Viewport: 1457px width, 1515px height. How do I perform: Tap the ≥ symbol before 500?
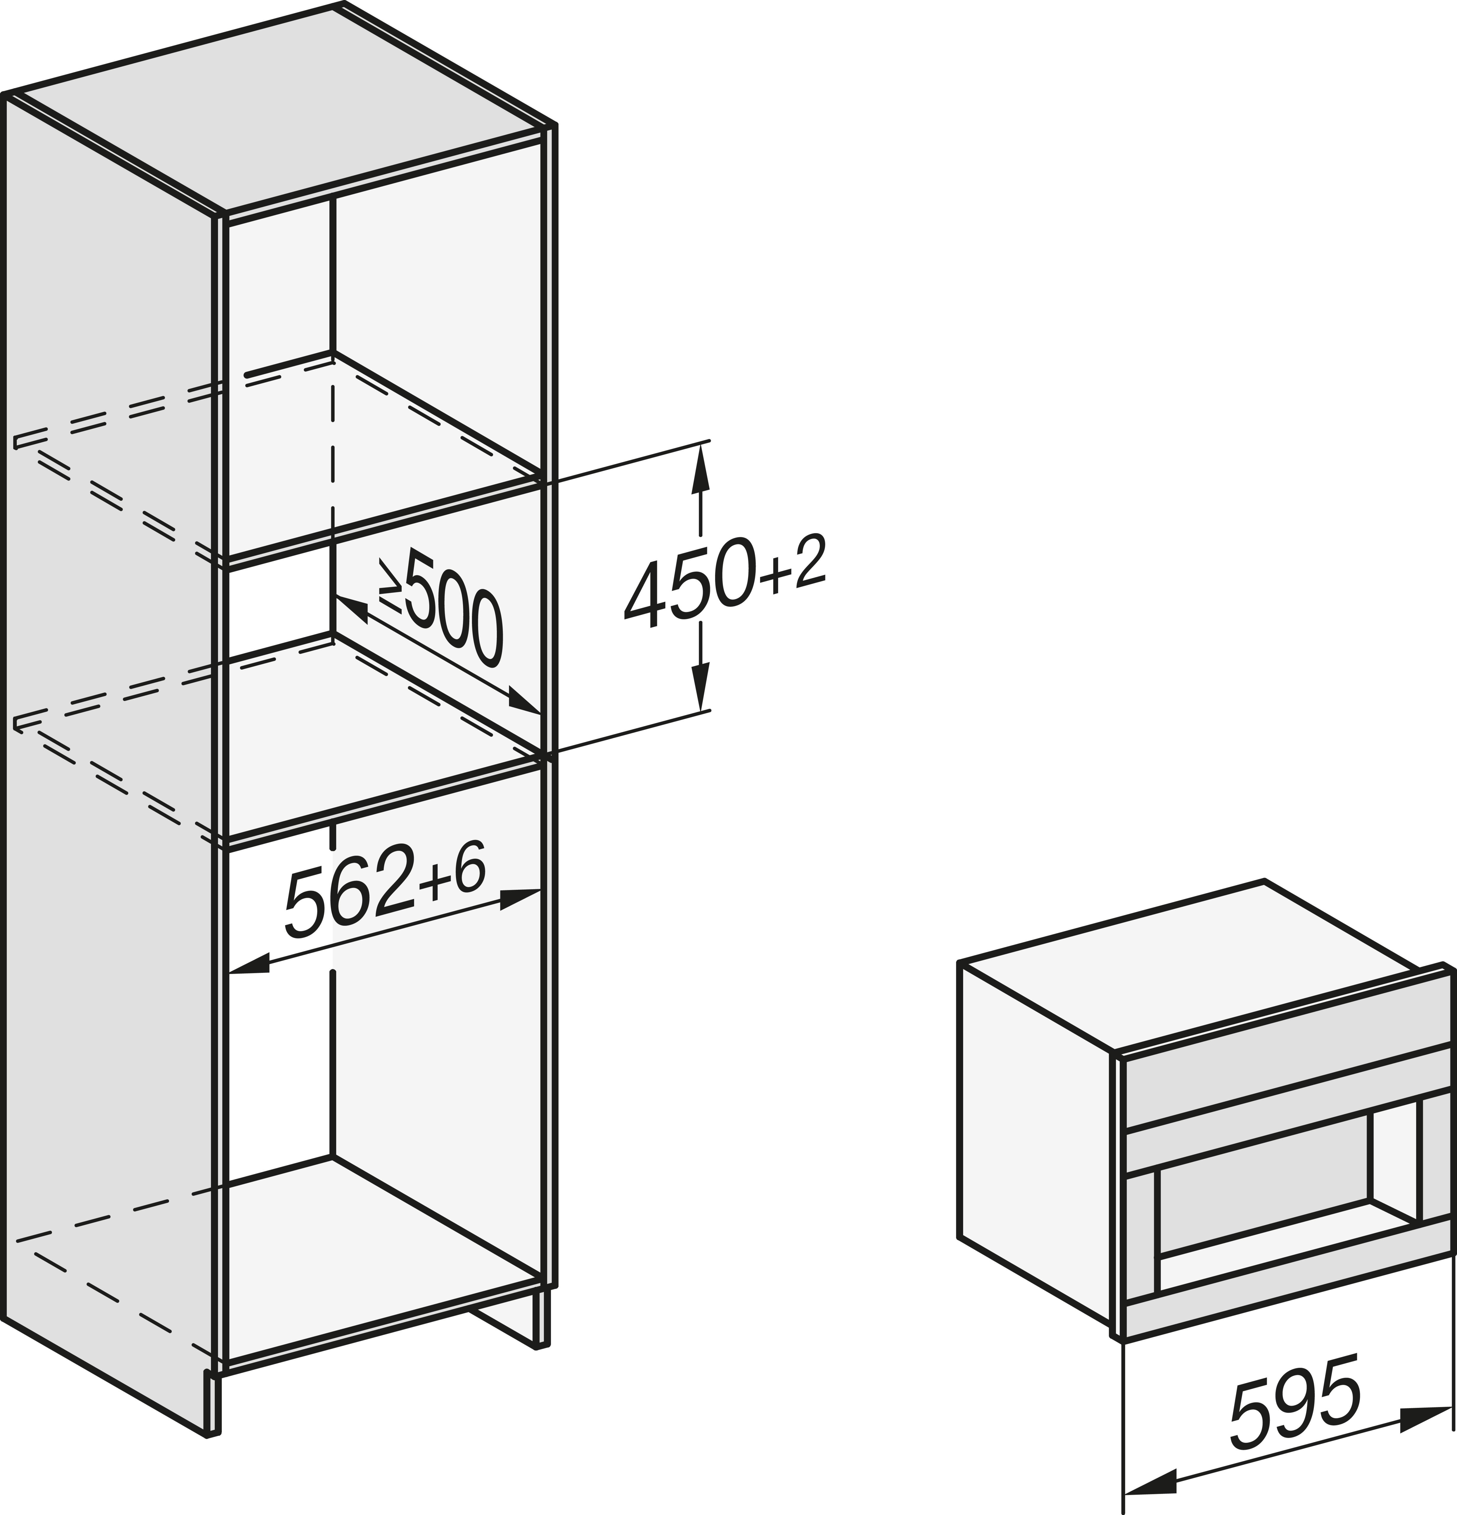pyautogui.click(x=390, y=584)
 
